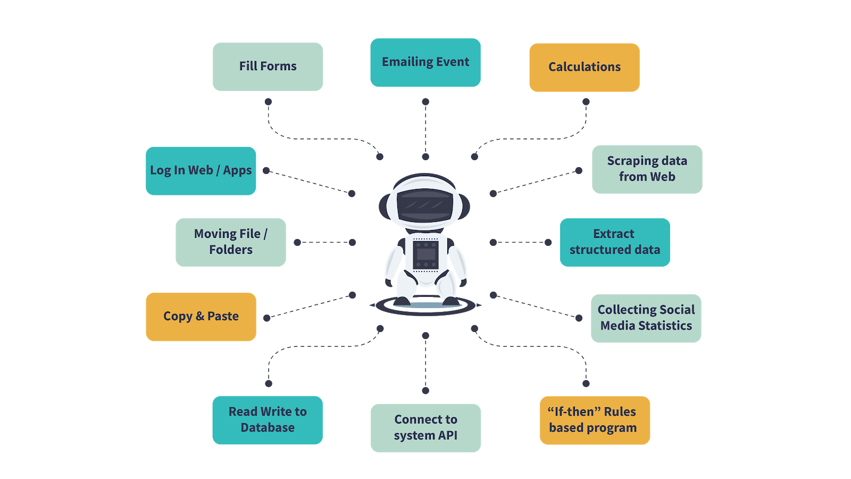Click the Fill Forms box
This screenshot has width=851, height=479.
pyautogui.click(x=268, y=67)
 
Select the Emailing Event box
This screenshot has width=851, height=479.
pyautogui.click(x=425, y=62)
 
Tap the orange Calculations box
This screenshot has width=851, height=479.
pyautogui.click(x=584, y=67)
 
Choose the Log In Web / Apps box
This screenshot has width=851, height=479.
pyautogui.click(x=201, y=171)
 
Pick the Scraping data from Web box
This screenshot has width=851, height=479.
pyautogui.click(x=647, y=169)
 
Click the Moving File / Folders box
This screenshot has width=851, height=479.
pyautogui.click(x=230, y=242)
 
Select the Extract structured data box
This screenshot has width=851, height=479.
pyautogui.click(x=614, y=242)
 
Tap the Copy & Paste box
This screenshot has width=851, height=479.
pyautogui.click(x=201, y=317)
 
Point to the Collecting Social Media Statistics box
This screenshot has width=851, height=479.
pyautogui.click(x=646, y=318)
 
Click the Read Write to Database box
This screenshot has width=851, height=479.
pyautogui.click(x=268, y=420)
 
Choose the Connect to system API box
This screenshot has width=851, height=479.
pyautogui.click(x=425, y=428)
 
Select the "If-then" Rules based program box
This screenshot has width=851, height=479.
pyautogui.click(x=595, y=420)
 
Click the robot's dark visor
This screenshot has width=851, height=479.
pyautogui.click(x=425, y=205)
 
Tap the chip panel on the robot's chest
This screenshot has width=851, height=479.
pyautogui.click(x=425, y=255)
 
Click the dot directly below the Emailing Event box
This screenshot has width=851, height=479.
pyautogui.click(x=425, y=102)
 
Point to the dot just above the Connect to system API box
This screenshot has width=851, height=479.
pyautogui.click(x=425, y=391)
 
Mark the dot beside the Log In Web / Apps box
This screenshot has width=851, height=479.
pyautogui.click(x=266, y=171)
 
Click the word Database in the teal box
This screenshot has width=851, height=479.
pyautogui.click(x=268, y=428)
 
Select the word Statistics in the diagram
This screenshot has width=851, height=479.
pyautogui.click(x=665, y=326)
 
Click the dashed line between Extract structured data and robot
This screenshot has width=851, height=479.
pyautogui.click(x=520, y=242)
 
